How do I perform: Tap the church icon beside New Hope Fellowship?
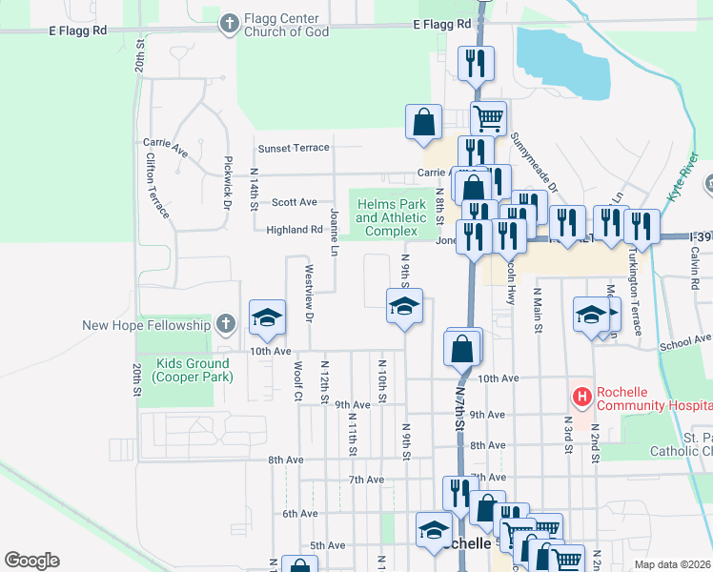click(x=225, y=324)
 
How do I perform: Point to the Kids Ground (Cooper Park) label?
click(x=194, y=370)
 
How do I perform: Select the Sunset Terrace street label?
click(x=294, y=148)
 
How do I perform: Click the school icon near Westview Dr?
click(x=268, y=317)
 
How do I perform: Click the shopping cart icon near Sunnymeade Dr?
click(x=487, y=118)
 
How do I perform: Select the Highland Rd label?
click(x=295, y=230)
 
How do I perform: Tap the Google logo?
click(x=32, y=561)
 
